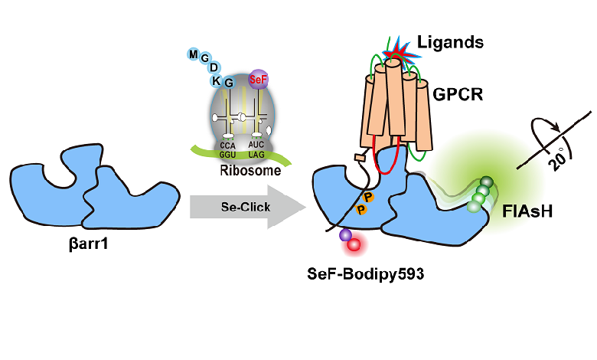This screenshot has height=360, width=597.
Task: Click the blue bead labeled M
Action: [193, 54]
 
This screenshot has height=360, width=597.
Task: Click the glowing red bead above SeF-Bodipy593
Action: [354, 245]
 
